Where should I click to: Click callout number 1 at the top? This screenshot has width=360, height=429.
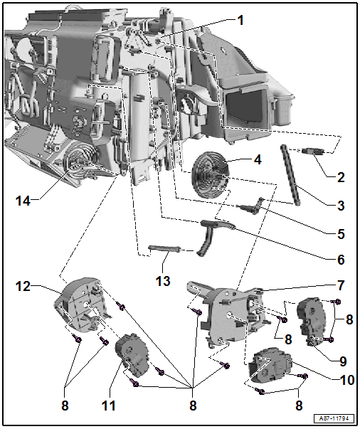click(240, 21)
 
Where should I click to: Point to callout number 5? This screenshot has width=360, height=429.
click(340, 233)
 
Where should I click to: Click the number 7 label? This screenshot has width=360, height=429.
click(341, 285)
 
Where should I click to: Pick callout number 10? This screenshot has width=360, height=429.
click(346, 380)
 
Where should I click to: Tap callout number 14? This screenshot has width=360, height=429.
click(23, 201)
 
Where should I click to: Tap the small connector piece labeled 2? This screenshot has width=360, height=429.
click(313, 152)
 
